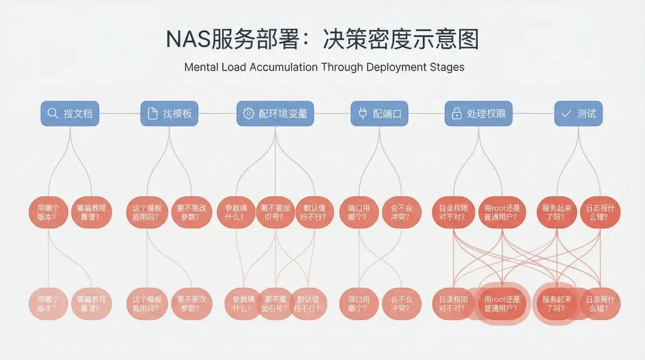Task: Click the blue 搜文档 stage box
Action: [x=70, y=113]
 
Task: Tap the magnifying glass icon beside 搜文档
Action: [x=53, y=113]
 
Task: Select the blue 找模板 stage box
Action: [x=170, y=113]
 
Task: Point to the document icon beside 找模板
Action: [x=152, y=113]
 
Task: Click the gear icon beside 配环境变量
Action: [x=248, y=113]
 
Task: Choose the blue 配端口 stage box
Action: [x=379, y=113]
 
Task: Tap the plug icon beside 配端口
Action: [x=362, y=113]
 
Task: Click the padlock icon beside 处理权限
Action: [x=457, y=113]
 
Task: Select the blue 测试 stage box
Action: [x=578, y=113]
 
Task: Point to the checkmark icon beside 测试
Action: [x=565, y=113]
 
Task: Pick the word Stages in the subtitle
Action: [x=446, y=67]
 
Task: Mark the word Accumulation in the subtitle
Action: [x=282, y=67]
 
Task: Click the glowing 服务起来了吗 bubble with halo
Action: [x=557, y=304]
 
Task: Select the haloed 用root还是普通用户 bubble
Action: [x=502, y=304]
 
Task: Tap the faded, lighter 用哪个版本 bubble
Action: [x=48, y=304]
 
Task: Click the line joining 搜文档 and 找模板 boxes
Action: [x=120, y=113]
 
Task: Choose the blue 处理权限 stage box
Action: [x=480, y=113]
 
